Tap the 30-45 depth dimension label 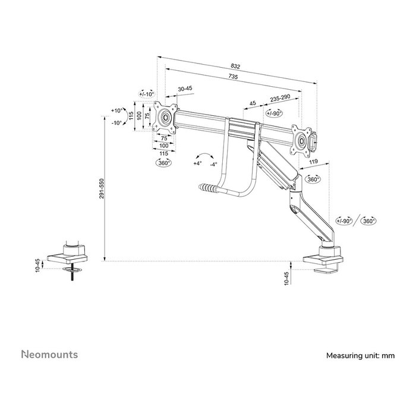pyautogui.click(x=185, y=89)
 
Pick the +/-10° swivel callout pyautogui.click(x=146, y=94)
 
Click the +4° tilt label pyautogui.click(x=197, y=163)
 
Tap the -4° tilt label pyautogui.click(x=213, y=163)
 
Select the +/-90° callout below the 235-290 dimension pyautogui.click(x=274, y=113)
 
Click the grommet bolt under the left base pyautogui.click(x=75, y=275)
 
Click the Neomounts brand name pyautogui.click(x=49, y=355)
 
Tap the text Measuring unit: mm pyautogui.click(x=360, y=356)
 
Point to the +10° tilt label pyautogui.click(x=117, y=111)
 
